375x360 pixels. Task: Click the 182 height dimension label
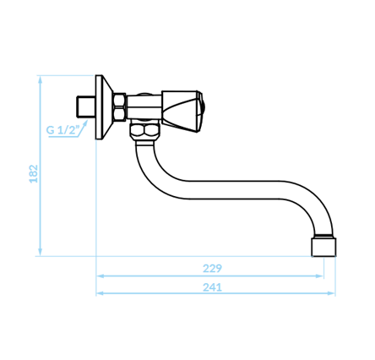(x=34, y=173)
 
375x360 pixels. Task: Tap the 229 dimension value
(x=212, y=268)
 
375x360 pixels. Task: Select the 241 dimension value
(x=212, y=287)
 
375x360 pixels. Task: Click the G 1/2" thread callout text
(x=62, y=130)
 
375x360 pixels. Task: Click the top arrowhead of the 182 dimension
(x=41, y=79)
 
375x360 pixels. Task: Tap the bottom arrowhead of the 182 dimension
(x=41, y=252)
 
